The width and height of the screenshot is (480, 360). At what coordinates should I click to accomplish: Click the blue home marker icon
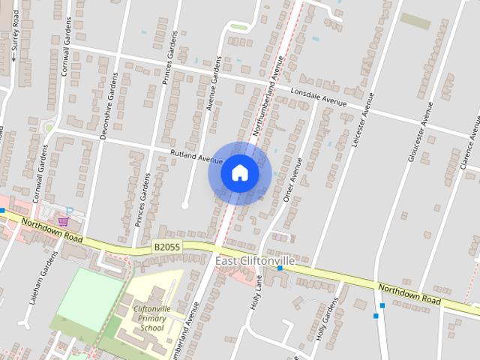tap(239, 173)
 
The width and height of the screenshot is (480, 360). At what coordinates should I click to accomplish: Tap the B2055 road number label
tap(168, 246)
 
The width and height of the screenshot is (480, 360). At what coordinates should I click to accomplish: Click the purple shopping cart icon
tap(64, 221)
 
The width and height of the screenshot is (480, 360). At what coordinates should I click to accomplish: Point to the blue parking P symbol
tap(70, 211)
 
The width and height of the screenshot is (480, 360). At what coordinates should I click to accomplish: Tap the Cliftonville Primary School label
tap(148, 318)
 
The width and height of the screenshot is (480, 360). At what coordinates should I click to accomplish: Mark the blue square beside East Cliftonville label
tap(280, 268)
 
